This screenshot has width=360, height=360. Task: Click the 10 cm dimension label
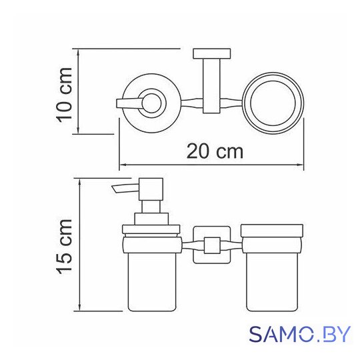point(65,95)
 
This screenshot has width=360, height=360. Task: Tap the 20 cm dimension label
point(215,151)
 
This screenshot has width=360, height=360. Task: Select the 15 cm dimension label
point(65,247)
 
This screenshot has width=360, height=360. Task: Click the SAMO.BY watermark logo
point(300,334)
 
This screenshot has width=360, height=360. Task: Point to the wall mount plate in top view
point(212,53)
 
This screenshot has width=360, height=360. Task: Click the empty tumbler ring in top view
point(273,103)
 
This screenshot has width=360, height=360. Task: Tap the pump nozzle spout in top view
point(129,103)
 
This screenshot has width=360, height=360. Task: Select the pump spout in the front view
point(126,189)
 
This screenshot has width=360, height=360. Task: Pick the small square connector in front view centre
point(212,245)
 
